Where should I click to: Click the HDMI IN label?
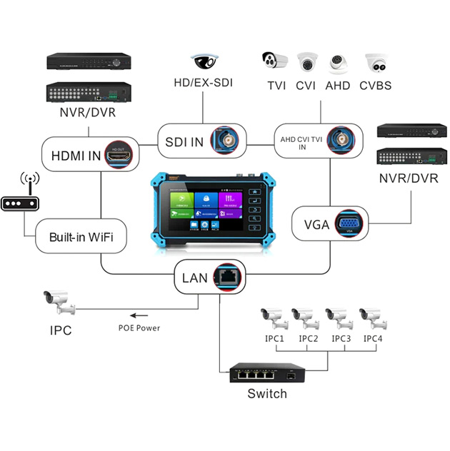(x=73, y=155)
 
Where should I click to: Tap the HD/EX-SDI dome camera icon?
(x=204, y=61)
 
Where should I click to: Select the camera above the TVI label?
(x=274, y=64)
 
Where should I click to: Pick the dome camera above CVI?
(x=307, y=64)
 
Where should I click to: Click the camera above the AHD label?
(x=339, y=64)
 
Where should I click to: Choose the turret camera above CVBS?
(x=377, y=64)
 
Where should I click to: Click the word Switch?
(x=266, y=394)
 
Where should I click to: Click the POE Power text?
(x=139, y=328)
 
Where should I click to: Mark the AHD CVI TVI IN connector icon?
(x=341, y=141)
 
